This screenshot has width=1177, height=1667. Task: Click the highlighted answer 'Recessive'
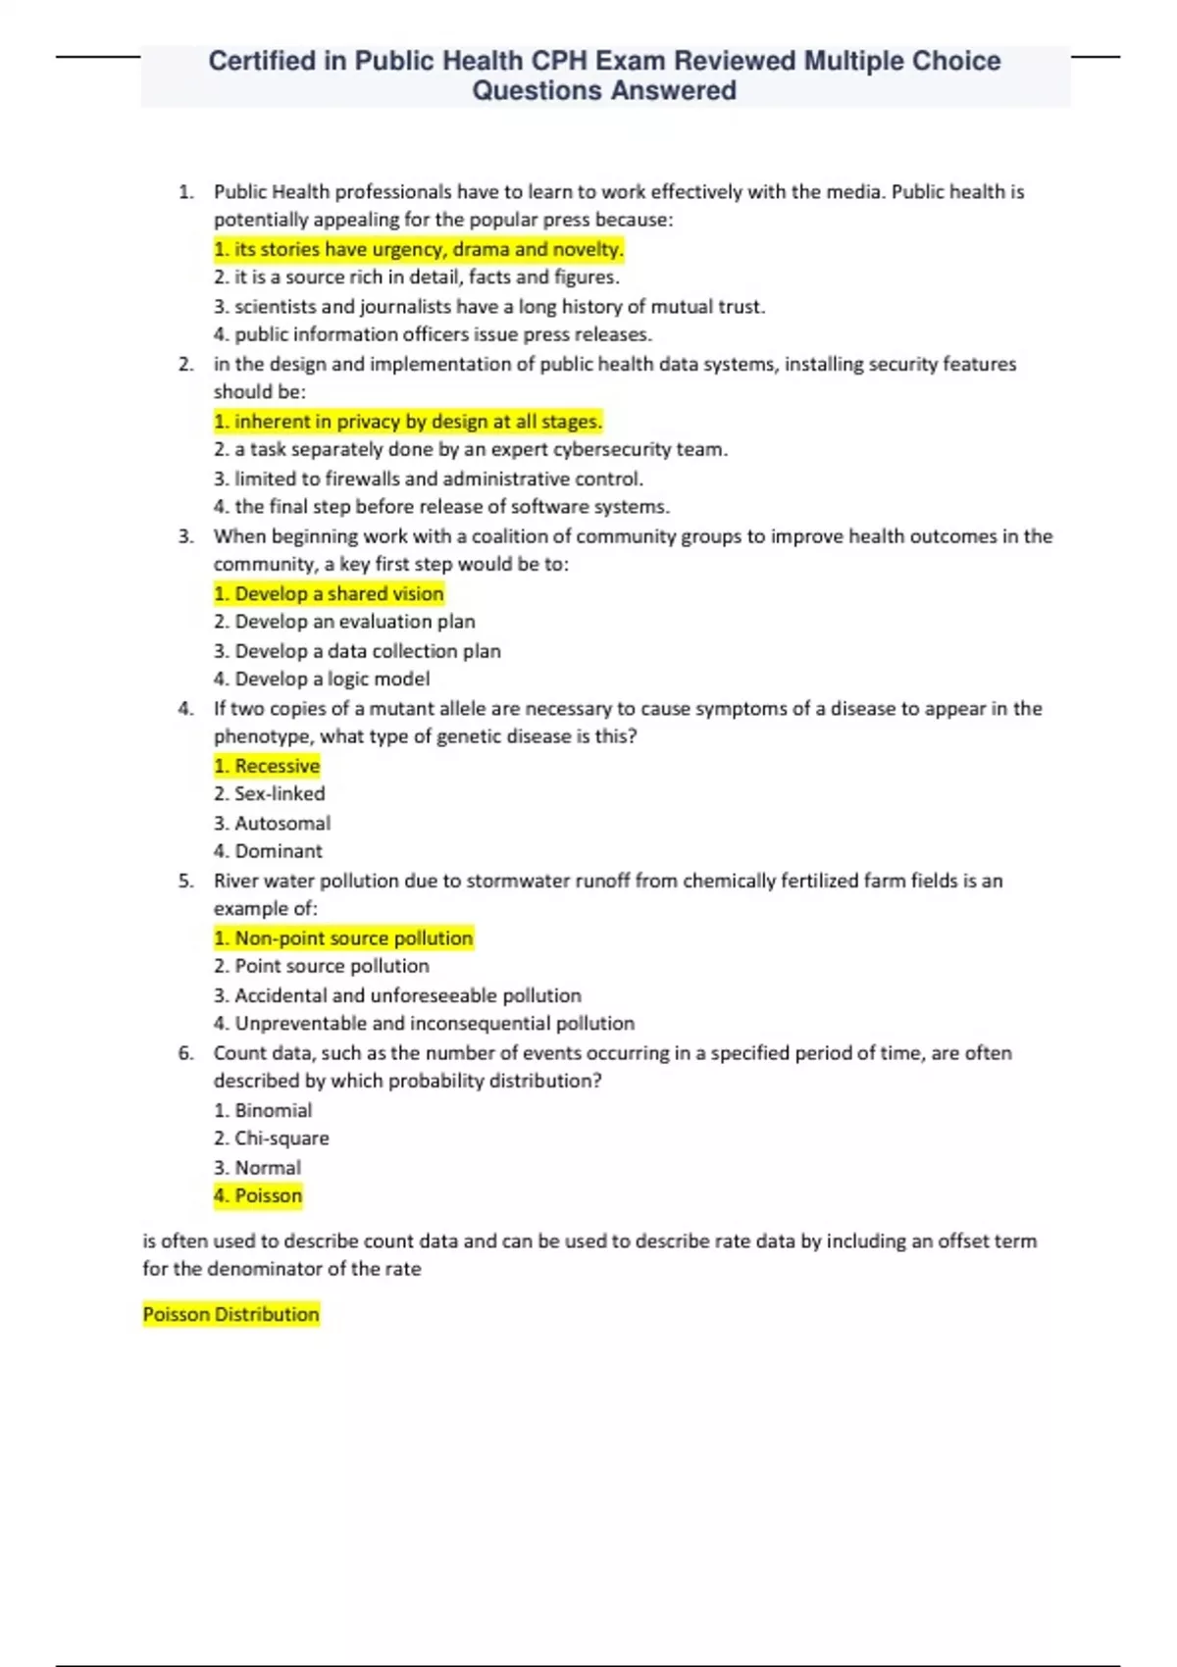[x=267, y=766]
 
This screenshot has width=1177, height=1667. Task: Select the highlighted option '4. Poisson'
[x=258, y=1195]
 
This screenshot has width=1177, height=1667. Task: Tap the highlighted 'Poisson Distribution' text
[x=230, y=1314]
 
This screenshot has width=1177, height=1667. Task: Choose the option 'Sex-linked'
[x=270, y=793]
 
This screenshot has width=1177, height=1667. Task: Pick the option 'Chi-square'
[x=272, y=1138]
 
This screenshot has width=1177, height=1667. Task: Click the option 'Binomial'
[x=263, y=1110]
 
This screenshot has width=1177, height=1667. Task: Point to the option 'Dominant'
[x=268, y=851]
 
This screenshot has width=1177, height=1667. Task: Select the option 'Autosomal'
[x=273, y=823]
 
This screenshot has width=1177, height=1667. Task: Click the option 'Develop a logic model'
[x=322, y=679]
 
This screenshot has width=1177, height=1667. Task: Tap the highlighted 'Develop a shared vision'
[x=329, y=593]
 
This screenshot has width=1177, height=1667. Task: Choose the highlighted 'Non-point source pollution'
[x=343, y=937]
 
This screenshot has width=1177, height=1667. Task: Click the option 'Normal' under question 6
[x=258, y=1168]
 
